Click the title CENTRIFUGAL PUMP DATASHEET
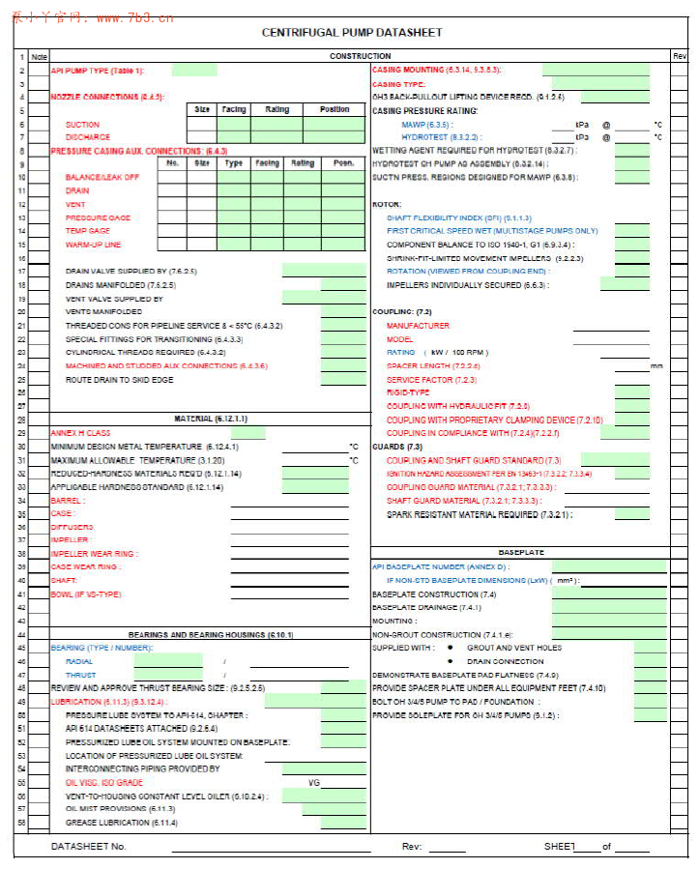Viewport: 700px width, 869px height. (352, 32)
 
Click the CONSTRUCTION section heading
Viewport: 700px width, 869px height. (360, 57)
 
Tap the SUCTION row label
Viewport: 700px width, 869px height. (82, 125)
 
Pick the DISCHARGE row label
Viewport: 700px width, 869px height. (88, 137)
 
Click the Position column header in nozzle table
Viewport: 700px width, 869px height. (335, 110)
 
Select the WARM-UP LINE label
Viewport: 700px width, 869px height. (93, 245)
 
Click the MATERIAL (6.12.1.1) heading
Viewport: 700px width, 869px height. (211, 419)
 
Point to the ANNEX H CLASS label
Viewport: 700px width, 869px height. (80, 433)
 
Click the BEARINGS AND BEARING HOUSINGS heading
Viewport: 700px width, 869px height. (211, 634)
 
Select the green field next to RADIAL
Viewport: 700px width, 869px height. (168, 661)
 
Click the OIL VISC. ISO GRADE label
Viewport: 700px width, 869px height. (103, 782)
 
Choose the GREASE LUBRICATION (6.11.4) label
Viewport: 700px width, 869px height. (121, 823)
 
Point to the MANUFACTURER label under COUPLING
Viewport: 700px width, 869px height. (418, 326)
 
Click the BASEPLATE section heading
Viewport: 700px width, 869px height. (521, 552)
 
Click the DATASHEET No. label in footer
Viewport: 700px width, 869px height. (89, 847)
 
